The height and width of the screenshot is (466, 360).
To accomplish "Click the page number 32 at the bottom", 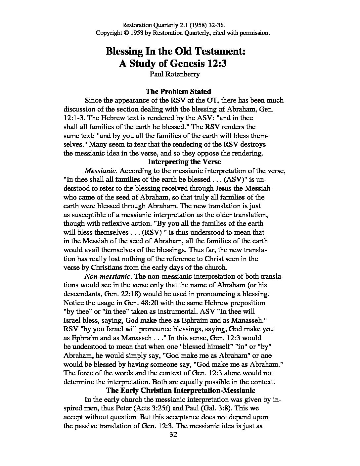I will click(173, 435).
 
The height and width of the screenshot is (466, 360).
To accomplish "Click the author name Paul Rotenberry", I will click(175, 74).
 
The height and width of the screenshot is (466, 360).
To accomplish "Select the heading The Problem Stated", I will click(178, 91).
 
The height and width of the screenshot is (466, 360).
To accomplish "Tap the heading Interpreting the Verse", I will click(184, 162).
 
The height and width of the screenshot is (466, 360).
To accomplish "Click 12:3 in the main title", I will click(215, 63).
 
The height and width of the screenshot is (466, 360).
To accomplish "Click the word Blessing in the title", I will click(123, 51).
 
